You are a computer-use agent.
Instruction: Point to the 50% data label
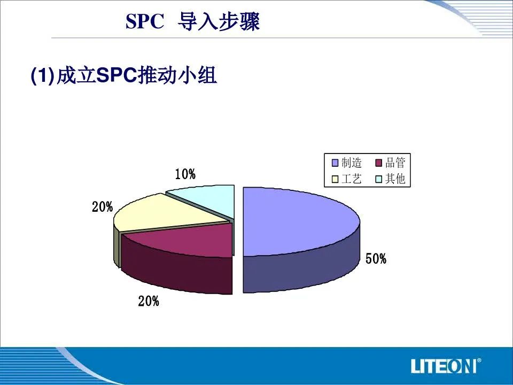[x=376, y=259]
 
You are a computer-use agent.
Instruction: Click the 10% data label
[x=185, y=174]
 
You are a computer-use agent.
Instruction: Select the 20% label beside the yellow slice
[x=103, y=207]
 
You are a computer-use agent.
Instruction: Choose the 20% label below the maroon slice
[x=149, y=301]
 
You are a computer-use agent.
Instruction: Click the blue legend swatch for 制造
[x=335, y=163]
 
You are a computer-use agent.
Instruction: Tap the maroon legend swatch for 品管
[x=379, y=163]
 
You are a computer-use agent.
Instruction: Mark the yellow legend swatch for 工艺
[x=335, y=179]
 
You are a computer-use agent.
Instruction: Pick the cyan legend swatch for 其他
[x=379, y=179]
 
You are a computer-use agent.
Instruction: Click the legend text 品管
[x=395, y=163]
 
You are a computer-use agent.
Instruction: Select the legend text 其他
[x=395, y=179]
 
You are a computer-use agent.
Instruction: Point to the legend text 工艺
[x=352, y=179]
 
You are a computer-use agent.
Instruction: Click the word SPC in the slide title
[x=145, y=22]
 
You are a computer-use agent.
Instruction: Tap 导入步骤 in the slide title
[x=219, y=22]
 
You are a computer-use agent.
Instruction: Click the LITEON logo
[x=444, y=366]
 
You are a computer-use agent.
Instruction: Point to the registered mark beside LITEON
[x=479, y=360]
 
